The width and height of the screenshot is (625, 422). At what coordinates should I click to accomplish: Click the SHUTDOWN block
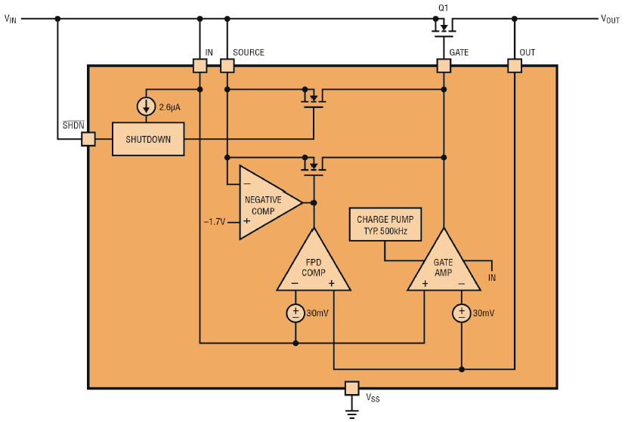148,139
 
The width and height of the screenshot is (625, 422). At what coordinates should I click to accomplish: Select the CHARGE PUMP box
385,224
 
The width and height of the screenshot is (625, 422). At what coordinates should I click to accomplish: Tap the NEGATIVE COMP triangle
271,202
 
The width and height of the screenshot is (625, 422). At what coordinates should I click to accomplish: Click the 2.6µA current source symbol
146,106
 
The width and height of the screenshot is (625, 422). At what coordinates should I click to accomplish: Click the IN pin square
200,66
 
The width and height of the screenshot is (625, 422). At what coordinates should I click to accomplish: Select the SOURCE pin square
227,66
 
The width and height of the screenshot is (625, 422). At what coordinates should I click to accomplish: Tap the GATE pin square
444,66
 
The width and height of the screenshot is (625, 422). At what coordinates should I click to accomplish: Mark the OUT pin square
515,66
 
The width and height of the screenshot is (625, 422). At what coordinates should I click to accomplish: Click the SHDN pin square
88,139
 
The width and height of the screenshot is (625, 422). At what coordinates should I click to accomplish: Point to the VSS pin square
351,388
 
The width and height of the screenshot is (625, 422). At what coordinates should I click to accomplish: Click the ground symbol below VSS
351,414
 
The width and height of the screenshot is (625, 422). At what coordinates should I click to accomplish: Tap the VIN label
11,19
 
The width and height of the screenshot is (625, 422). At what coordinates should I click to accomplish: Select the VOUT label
610,19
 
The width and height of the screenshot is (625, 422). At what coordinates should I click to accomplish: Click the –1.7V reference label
215,222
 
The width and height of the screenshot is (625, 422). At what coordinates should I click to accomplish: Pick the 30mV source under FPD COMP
295,313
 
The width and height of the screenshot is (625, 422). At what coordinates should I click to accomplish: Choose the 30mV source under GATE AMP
462,313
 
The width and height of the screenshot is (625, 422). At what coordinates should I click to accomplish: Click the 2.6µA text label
170,107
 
